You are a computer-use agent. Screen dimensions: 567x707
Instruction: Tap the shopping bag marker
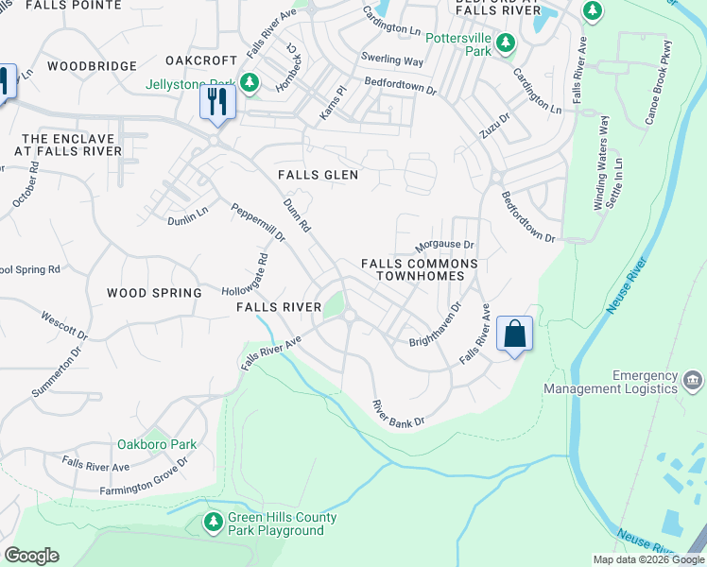[x=514, y=334]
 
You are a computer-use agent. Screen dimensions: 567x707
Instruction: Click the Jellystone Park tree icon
[x=250, y=83]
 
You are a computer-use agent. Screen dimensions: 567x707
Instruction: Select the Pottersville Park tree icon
[x=506, y=43]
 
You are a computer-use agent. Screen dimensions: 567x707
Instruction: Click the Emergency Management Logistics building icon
[x=692, y=382]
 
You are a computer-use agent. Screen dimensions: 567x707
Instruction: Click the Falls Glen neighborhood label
[x=318, y=175]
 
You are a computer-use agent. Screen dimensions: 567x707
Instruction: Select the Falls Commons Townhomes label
[x=415, y=269]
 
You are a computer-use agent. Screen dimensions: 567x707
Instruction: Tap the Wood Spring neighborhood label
[x=154, y=293]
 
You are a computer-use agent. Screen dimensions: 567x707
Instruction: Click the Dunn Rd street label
[x=298, y=215]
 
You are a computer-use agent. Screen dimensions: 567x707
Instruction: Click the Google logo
[x=31, y=556]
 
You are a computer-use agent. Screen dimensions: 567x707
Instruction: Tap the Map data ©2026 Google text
[x=647, y=559]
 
